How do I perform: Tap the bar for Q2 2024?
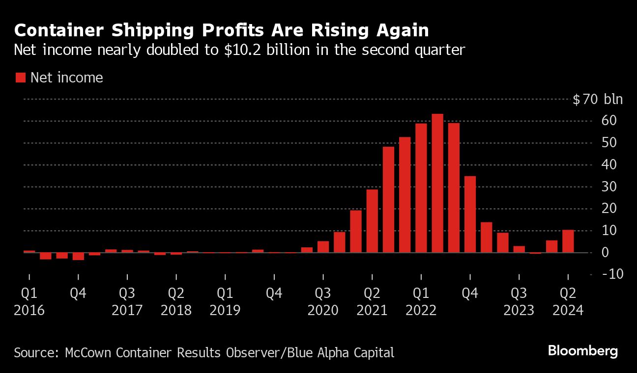[x=568, y=241]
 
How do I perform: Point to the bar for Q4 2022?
[x=470, y=214]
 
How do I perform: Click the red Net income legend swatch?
[x=21, y=78]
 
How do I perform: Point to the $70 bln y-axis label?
[x=598, y=100]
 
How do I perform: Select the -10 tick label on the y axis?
[x=612, y=274]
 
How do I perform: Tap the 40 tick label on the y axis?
[x=616, y=165]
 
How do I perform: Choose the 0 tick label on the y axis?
[x=619, y=253]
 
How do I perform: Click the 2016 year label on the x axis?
[x=29, y=311]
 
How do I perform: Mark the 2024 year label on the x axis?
[x=568, y=311]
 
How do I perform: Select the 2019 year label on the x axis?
[x=225, y=311]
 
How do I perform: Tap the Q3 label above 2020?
[x=323, y=293]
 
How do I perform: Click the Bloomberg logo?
[x=582, y=351]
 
